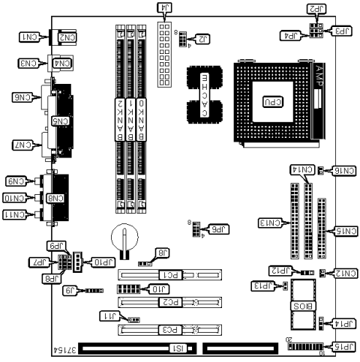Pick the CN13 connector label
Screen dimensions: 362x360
pyautogui.click(x=270, y=223)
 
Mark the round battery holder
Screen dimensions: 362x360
pyautogui.click(x=124, y=238)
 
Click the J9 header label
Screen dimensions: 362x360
pyautogui.click(x=69, y=289)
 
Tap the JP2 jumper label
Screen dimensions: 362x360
pyautogui.click(x=316, y=8)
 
